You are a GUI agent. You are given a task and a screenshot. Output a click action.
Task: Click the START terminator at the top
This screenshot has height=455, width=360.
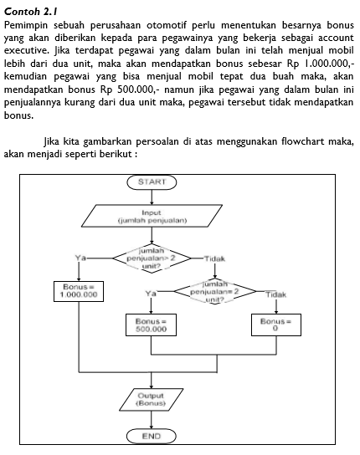[151, 181]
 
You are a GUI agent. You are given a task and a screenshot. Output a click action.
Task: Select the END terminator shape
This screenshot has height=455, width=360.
[151, 436]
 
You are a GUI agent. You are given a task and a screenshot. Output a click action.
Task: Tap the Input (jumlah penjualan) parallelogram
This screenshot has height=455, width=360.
[151, 217]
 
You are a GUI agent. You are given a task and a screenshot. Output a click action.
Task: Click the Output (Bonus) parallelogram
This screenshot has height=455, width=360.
[151, 399]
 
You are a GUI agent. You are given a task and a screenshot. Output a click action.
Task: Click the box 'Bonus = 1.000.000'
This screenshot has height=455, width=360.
[78, 289]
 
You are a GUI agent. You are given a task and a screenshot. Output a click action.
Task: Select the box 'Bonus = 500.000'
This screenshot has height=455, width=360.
[152, 325]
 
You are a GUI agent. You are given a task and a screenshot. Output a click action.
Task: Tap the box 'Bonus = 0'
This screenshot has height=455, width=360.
[275, 325]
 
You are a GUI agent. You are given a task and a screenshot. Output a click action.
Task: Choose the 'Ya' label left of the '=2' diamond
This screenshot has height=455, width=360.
[151, 294]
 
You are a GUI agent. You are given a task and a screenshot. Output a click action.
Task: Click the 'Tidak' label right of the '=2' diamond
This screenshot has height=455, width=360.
[275, 294]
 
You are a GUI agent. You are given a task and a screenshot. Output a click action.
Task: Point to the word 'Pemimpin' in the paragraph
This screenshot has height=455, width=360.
[26, 24]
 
